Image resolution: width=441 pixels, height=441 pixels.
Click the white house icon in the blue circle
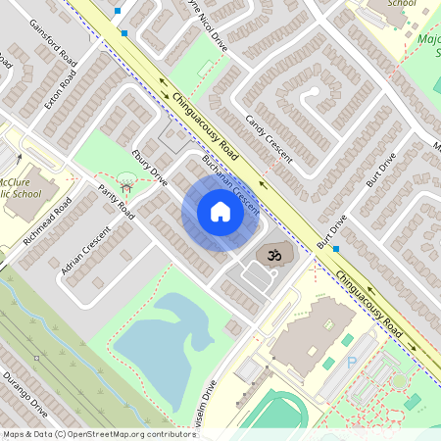[220, 212]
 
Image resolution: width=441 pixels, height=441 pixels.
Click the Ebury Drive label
[149, 163]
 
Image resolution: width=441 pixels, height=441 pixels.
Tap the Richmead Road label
[50, 221]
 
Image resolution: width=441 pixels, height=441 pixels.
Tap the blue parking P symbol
[352, 363]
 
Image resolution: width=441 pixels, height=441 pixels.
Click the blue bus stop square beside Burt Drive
[336, 249]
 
